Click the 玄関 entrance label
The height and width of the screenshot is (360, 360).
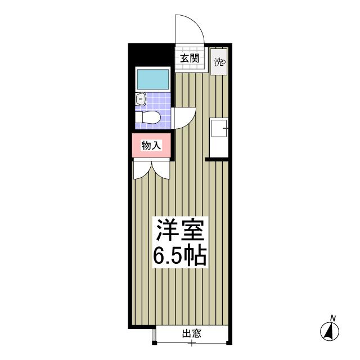(x=190, y=58)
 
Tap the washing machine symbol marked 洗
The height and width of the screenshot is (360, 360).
(x=219, y=61)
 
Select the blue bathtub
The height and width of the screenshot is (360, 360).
(x=153, y=79)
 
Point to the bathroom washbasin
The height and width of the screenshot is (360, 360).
(x=140, y=99)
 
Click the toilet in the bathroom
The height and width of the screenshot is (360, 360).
(x=147, y=118)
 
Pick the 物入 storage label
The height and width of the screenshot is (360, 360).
(x=151, y=145)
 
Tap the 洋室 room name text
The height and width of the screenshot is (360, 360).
(x=180, y=229)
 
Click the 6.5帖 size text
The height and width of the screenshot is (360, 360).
(x=180, y=256)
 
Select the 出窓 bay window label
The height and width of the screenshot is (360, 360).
(x=192, y=334)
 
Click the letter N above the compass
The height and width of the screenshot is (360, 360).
(x=332, y=318)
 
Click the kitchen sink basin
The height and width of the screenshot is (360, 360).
(x=219, y=128)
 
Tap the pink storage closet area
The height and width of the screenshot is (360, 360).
(x=151, y=145)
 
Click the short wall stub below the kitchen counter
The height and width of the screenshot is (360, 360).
(x=217, y=159)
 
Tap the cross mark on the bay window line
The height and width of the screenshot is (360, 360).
(x=191, y=344)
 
